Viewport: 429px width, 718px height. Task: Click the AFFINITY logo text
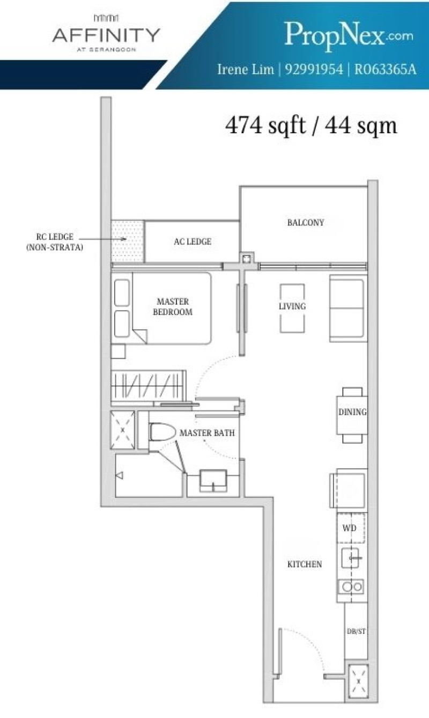106,35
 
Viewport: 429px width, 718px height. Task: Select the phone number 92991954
313,69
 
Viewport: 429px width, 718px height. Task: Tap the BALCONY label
305,223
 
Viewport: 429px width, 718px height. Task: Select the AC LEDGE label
192,242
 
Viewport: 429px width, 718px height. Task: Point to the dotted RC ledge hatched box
128,241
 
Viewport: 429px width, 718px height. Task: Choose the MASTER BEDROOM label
172,306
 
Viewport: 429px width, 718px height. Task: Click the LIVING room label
292,306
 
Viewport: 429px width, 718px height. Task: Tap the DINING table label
352,413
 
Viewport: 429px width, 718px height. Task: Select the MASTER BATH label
206,433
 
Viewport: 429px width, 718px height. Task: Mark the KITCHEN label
304,564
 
